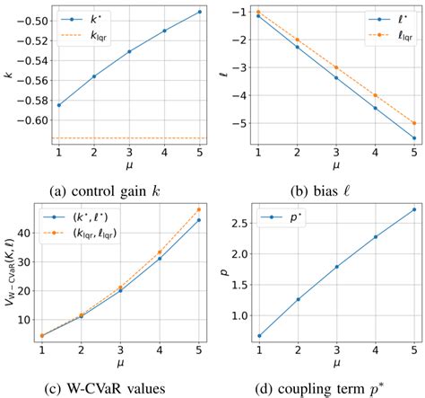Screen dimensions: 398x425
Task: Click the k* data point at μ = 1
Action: [59, 105]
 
